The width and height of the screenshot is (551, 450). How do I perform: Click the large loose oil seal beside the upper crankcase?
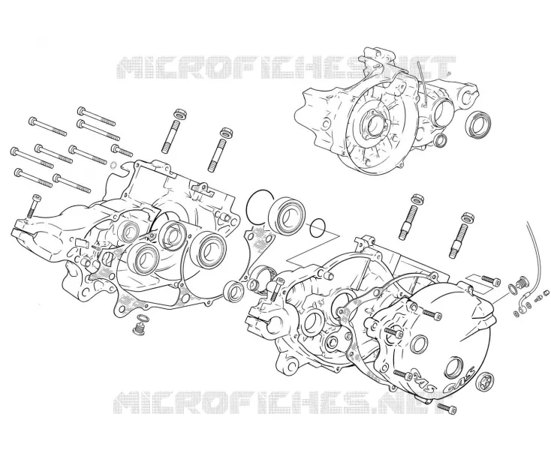coord(478,123)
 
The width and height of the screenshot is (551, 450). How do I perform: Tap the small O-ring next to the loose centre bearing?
coord(318,228)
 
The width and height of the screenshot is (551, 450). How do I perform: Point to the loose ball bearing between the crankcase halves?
coord(287,215)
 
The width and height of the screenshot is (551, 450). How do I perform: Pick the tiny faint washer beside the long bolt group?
coord(113,164)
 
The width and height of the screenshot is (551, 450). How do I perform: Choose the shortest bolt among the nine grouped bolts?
coord(122,150)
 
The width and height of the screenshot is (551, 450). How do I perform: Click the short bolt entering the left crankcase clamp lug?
coord(33,205)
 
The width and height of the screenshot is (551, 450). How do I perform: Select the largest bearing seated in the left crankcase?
coord(208,250)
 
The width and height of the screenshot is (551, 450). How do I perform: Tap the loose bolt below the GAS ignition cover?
coord(447,407)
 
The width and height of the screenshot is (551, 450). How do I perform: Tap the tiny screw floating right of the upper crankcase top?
coord(449,73)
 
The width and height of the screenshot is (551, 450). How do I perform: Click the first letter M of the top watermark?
coord(131,67)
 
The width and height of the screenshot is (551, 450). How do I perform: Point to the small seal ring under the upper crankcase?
coord(440,139)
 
